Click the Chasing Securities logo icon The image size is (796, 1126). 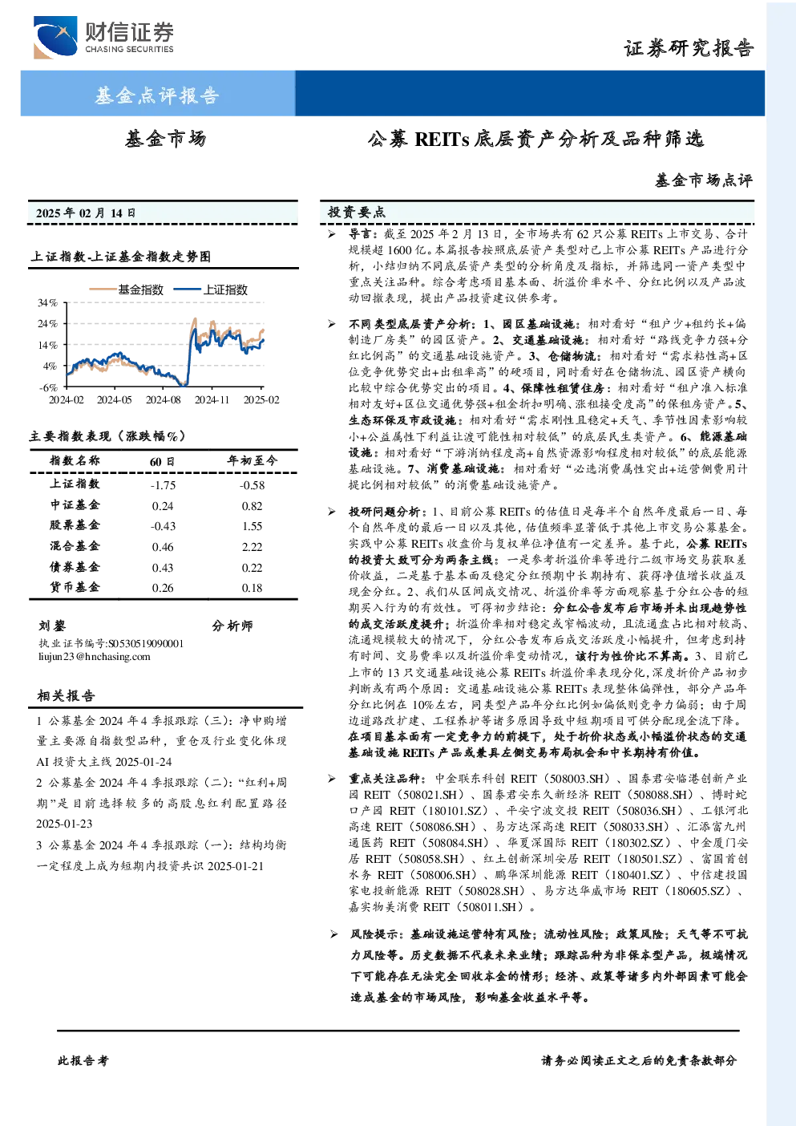pyautogui.click(x=55, y=37)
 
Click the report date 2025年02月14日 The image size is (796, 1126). pyautogui.click(x=86, y=213)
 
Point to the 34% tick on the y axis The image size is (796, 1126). pyautogui.click(x=48, y=302)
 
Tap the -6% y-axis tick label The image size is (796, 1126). pyautogui.click(x=48, y=387)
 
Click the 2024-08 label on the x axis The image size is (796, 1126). pyautogui.click(x=164, y=399)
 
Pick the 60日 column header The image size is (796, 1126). pyautogui.click(x=162, y=461)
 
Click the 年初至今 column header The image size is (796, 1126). pyautogui.click(x=253, y=460)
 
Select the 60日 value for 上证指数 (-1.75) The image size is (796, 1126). pyautogui.click(x=163, y=485)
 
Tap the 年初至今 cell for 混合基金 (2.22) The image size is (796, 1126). pyautogui.click(x=253, y=547)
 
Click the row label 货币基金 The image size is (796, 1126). pyautogui.click(x=75, y=587)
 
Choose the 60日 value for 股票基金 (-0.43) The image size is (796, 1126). pyautogui.click(x=163, y=526)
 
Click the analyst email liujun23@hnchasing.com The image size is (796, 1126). pyautogui.click(x=94, y=657)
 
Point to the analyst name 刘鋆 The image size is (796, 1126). pyautogui.click(x=52, y=626)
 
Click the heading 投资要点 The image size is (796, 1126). pyautogui.click(x=357, y=213)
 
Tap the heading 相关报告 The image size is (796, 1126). pyautogui.click(x=66, y=695)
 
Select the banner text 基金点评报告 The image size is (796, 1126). pyautogui.click(x=157, y=95)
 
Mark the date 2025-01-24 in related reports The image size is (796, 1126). pyautogui.click(x=143, y=762)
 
